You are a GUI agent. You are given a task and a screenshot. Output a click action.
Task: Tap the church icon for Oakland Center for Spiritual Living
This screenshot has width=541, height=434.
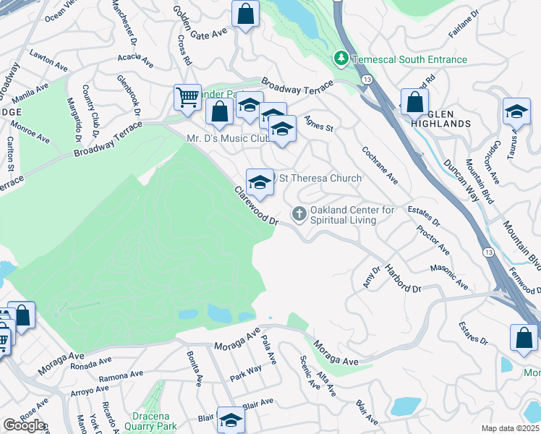pyautogui.click(x=298, y=213)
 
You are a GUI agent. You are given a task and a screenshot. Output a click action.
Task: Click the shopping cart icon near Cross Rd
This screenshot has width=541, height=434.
pyautogui.click(x=187, y=97)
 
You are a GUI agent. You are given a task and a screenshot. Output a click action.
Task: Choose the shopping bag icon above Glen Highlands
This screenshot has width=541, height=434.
pyautogui.click(x=414, y=102)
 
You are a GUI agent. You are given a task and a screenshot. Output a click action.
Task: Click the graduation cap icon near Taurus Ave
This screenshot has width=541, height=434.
pyautogui.click(x=516, y=111)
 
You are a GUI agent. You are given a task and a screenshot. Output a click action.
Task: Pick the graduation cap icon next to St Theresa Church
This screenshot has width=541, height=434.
pyautogui.click(x=260, y=181)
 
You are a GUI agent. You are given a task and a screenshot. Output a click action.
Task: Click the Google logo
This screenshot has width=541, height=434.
pyautogui.click(x=24, y=425)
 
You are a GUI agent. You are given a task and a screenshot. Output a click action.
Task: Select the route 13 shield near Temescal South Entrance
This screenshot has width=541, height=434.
pyautogui.click(x=368, y=78)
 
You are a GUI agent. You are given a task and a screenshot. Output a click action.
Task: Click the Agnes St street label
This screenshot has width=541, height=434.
pyautogui.click(x=318, y=124)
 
